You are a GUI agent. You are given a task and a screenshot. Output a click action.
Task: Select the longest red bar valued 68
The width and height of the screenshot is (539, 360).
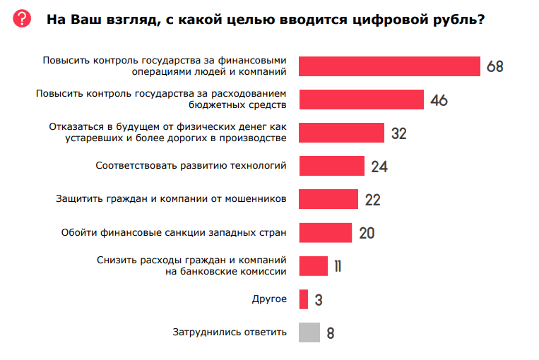389,66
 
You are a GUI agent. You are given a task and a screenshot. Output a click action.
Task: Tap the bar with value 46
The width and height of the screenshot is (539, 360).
361,100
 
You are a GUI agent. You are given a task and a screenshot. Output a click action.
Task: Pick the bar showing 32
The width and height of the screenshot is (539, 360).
341,133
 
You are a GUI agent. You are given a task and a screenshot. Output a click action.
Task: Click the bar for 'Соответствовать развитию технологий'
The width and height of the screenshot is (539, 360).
331,166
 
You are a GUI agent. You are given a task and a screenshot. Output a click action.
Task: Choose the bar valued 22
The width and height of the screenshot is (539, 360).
328,199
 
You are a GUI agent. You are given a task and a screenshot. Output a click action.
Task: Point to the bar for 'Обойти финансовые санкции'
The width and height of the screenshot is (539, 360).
325,232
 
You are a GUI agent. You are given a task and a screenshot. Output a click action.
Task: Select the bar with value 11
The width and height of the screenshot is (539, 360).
313,265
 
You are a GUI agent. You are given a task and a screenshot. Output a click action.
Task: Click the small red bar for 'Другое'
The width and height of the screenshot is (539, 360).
304,299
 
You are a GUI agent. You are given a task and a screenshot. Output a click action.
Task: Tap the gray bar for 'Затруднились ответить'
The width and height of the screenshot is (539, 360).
309,332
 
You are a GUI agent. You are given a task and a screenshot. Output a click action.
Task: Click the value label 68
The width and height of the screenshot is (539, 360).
494,67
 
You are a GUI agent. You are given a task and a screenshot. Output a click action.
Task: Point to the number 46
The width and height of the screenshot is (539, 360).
439,100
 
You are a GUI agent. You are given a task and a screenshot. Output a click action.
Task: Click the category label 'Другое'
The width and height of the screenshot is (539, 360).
269,299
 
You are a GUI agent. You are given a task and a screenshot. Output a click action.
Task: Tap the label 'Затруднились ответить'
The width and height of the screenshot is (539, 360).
230,332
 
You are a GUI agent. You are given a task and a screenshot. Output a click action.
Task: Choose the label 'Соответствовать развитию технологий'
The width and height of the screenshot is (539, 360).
191,165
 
